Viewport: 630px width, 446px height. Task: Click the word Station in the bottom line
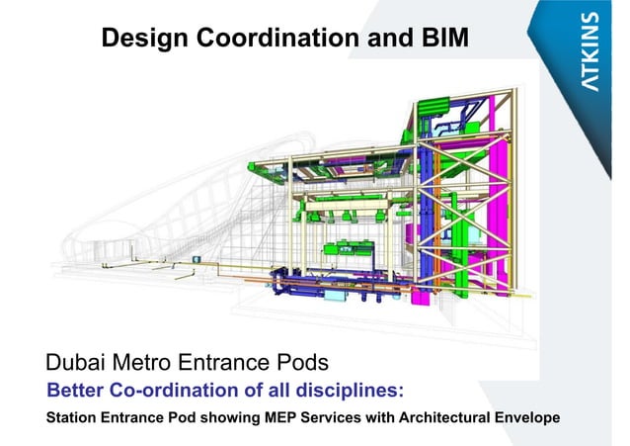click(74, 416)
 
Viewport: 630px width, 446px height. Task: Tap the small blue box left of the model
click(196, 258)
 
